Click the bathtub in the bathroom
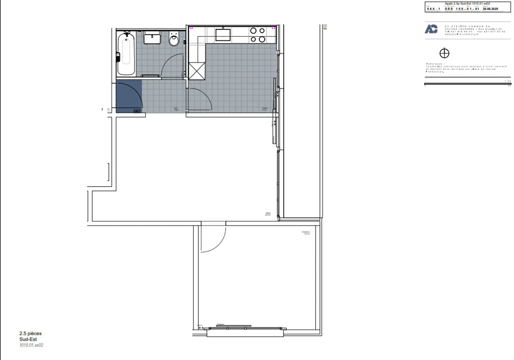click(x=126, y=54)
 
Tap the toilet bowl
click(x=174, y=40)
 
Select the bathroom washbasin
click(x=152, y=37)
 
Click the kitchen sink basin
click(x=223, y=35)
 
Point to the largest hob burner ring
click(x=262, y=39)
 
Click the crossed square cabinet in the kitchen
click(x=197, y=71)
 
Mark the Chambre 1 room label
click(x=306, y=233)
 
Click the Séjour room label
click(x=268, y=214)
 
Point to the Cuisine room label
click(x=264, y=109)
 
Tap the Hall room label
click(x=176, y=109)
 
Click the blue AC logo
click(x=431, y=29)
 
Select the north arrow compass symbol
click(x=444, y=54)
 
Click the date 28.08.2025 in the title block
click(x=490, y=9)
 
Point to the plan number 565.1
click(x=433, y=9)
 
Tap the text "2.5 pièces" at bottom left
click(x=30, y=334)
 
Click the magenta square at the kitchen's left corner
click(x=191, y=27)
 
